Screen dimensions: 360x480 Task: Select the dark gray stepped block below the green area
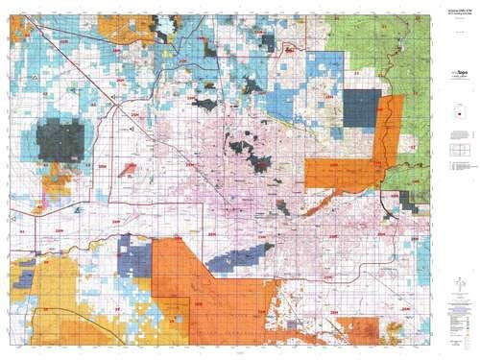point(410,201)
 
